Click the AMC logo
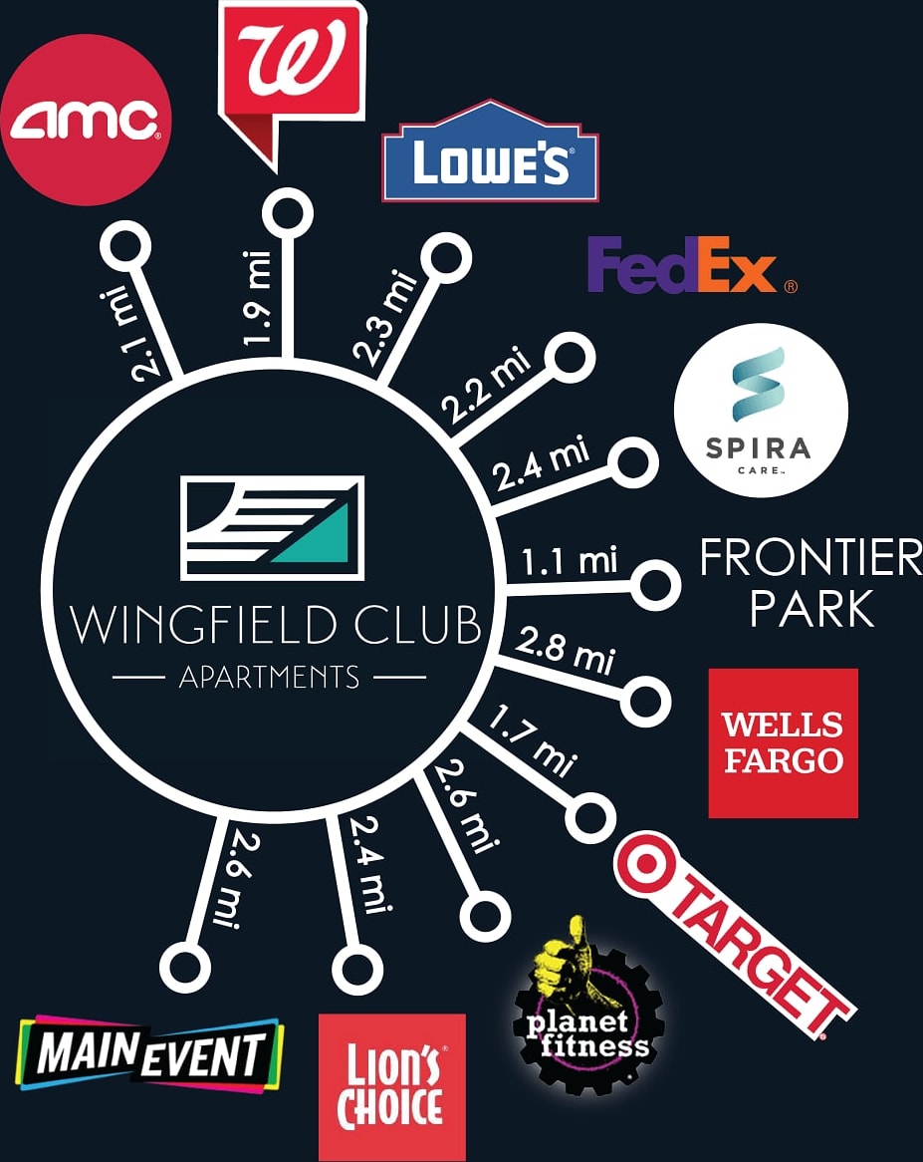(x=86, y=120)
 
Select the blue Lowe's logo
(x=490, y=154)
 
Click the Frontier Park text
(x=810, y=583)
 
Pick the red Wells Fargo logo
(x=783, y=742)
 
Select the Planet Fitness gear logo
(x=587, y=1017)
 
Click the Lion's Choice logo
(x=391, y=1087)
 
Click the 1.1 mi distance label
(x=571, y=561)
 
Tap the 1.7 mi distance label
(x=531, y=739)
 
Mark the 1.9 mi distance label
(x=256, y=298)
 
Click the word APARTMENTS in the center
(x=269, y=678)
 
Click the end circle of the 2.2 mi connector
(x=572, y=360)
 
